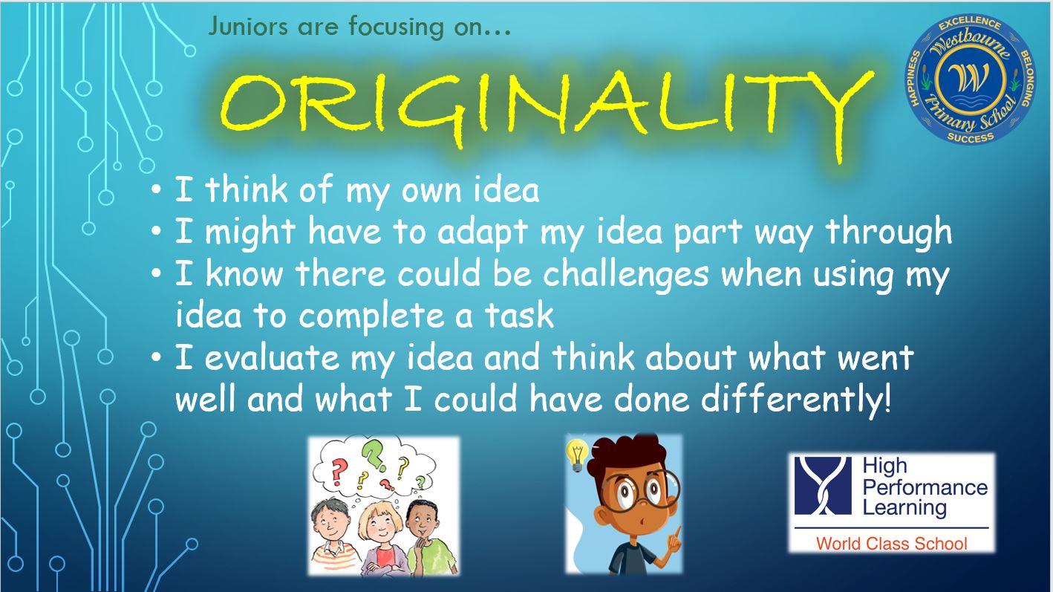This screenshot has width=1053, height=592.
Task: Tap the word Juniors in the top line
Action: (x=248, y=26)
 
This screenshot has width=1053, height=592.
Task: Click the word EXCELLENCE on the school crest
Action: (x=970, y=23)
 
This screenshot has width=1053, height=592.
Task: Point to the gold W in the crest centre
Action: (x=970, y=78)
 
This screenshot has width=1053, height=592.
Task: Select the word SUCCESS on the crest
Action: (x=971, y=137)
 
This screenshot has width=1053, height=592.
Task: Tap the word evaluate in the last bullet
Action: (x=271, y=357)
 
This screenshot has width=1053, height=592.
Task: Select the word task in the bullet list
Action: (x=520, y=315)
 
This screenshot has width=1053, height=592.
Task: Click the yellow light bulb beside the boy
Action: (x=577, y=455)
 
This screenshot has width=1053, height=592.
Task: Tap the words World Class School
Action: (x=892, y=543)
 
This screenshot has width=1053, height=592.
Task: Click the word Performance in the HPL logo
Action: (x=925, y=487)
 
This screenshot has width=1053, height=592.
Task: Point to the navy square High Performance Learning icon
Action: (x=823, y=486)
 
